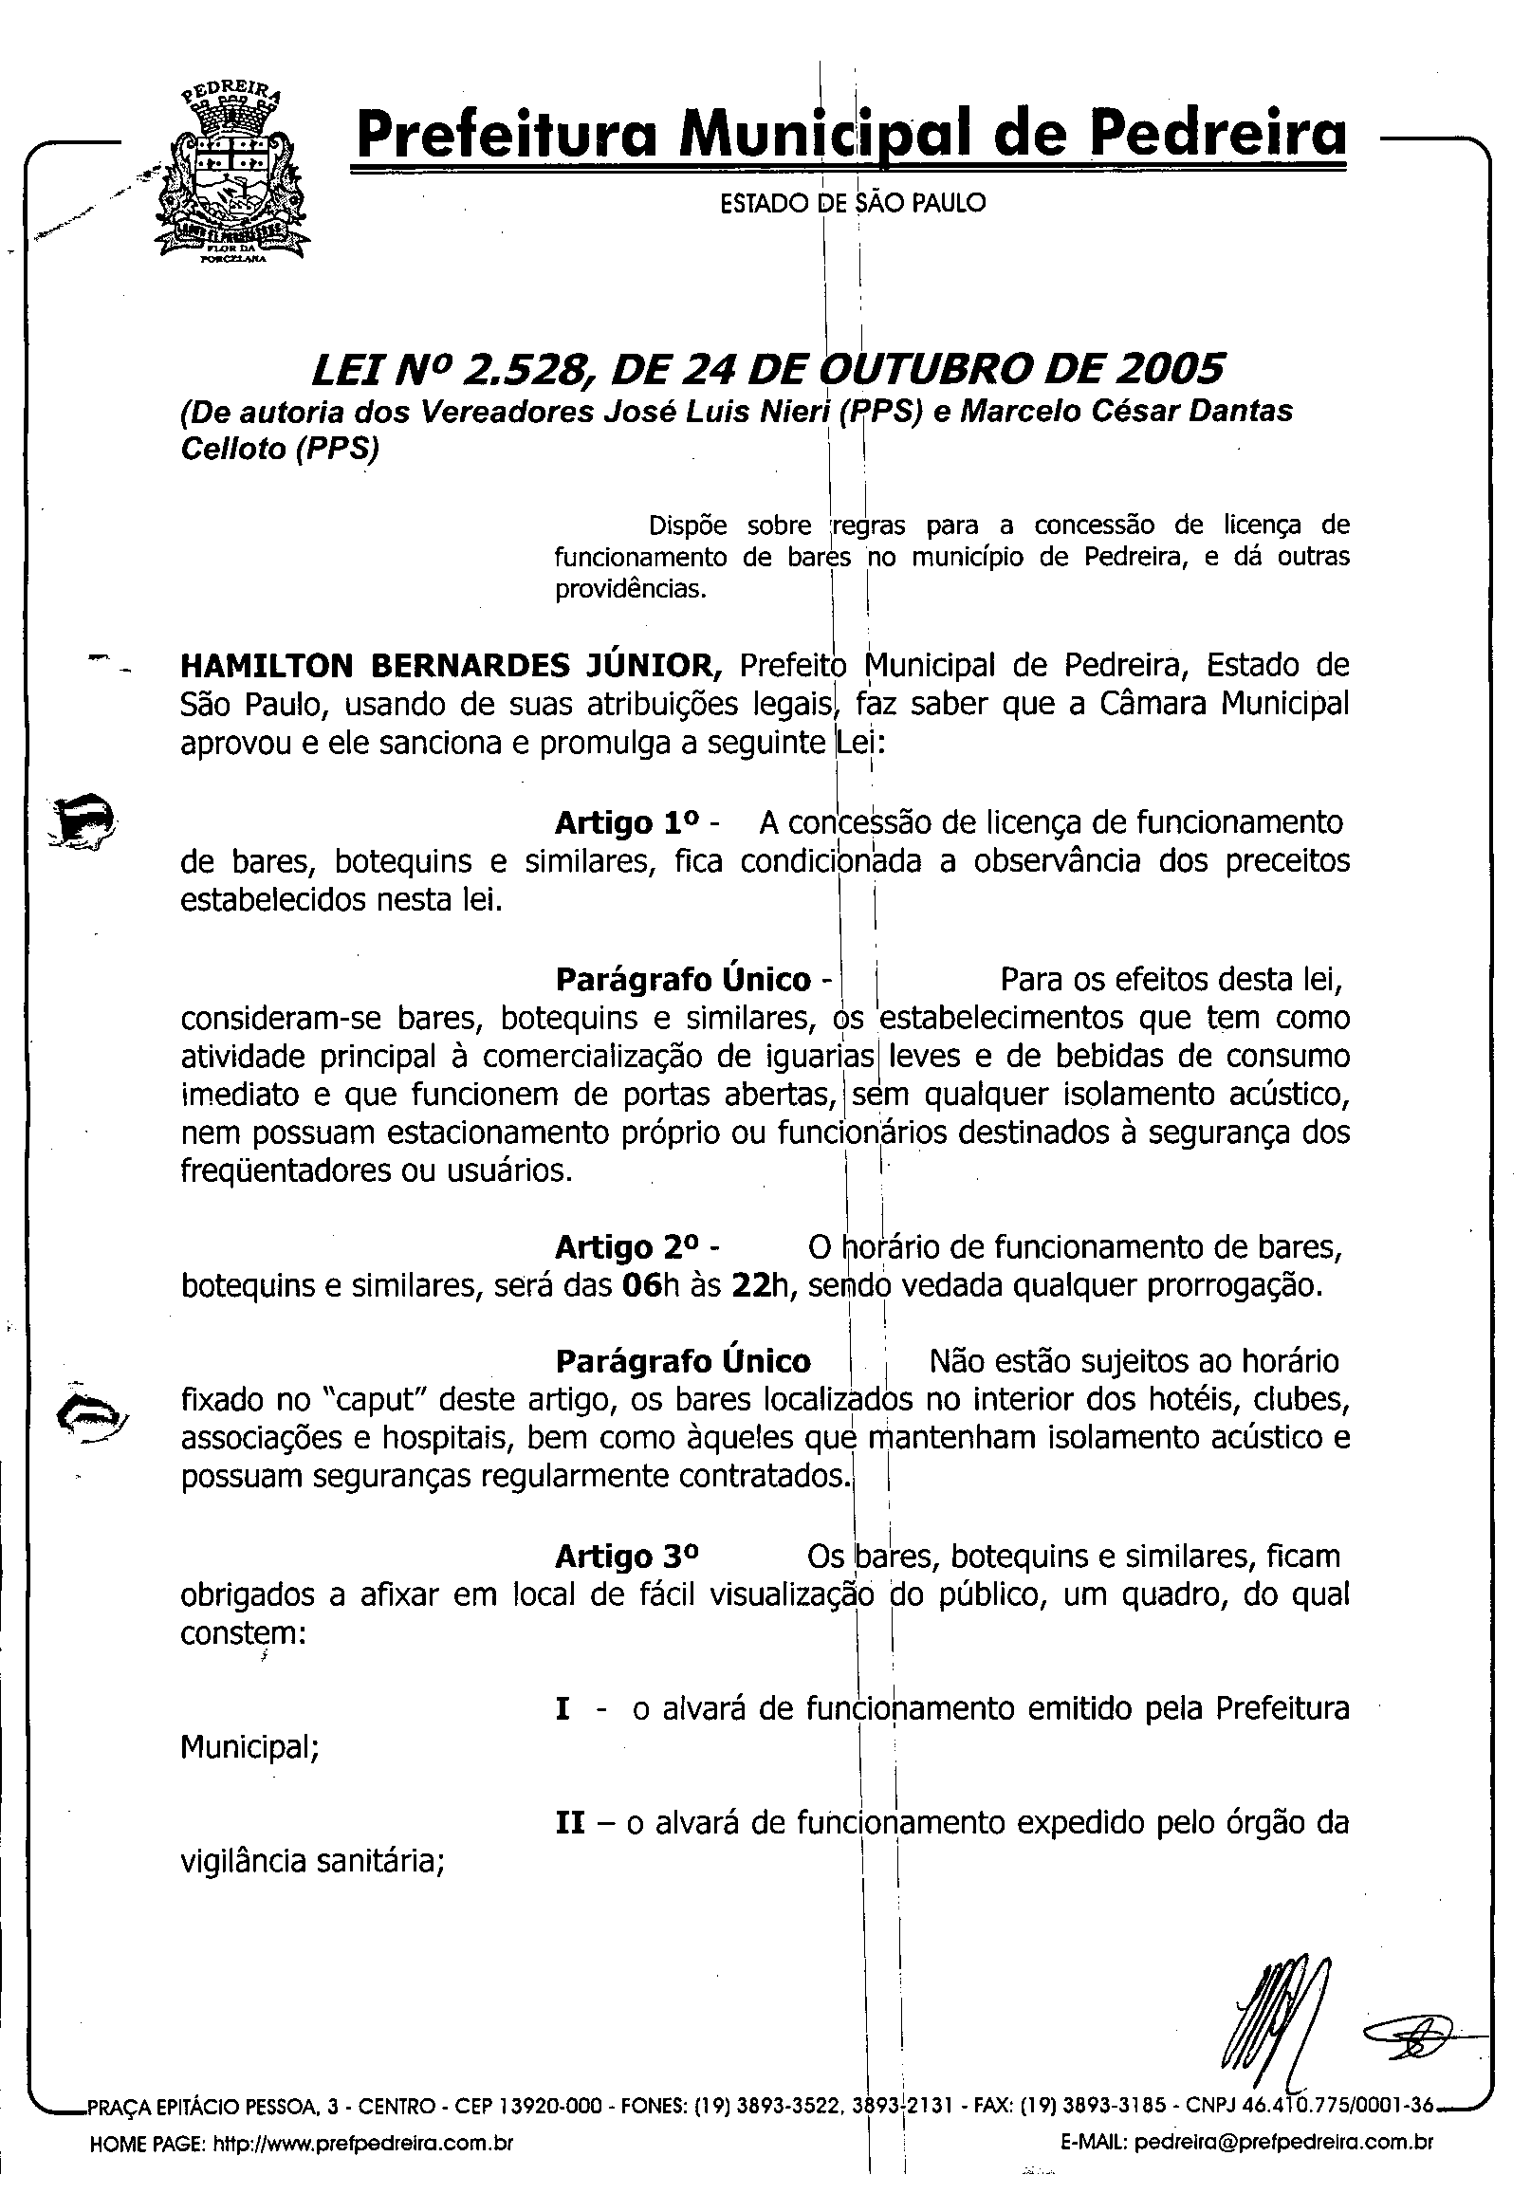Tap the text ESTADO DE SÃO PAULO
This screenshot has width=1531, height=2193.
click(x=853, y=203)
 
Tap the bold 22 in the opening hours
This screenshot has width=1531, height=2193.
click(x=750, y=1286)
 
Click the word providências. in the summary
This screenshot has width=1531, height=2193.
click(x=631, y=589)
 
